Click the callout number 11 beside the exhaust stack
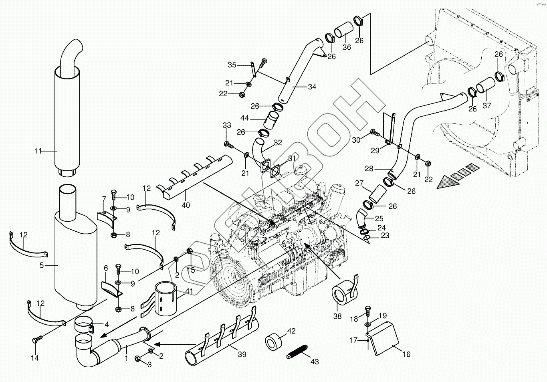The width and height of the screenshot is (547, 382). (38, 151)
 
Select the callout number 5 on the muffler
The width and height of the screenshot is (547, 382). (42, 265)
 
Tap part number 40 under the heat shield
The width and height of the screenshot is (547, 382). (186, 205)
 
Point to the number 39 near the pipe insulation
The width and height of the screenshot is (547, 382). (242, 354)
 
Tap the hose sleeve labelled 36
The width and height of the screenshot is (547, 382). (344, 30)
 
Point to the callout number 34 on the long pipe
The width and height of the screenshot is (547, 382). (312, 87)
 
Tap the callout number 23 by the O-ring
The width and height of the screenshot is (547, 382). (385, 235)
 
